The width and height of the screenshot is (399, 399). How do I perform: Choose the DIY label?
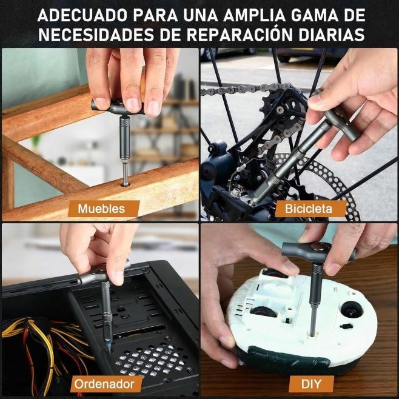tap(311, 384)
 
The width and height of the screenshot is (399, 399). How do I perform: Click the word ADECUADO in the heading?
tap(82, 16)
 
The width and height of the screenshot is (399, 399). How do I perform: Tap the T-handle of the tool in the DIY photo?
tap(318, 252)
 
